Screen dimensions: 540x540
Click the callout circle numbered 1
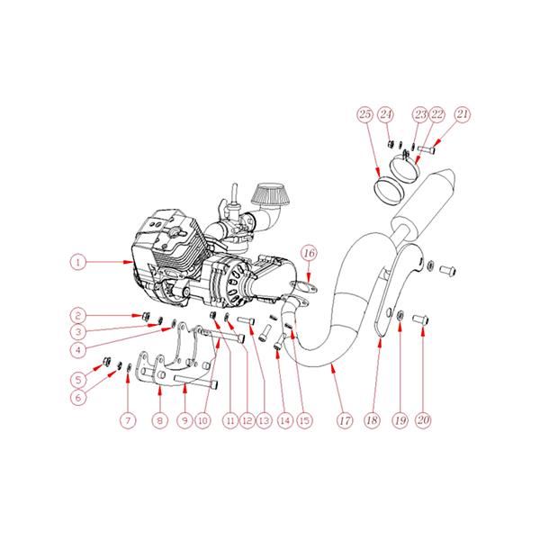click(78, 263)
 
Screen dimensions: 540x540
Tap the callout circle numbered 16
click(310, 253)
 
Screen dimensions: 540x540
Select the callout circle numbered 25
click(365, 114)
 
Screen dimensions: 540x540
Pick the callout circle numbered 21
click(463, 114)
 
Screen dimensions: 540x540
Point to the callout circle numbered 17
click(345, 420)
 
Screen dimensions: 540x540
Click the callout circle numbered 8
click(160, 420)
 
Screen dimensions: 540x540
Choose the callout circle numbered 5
click(78, 380)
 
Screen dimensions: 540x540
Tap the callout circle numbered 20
click(423, 420)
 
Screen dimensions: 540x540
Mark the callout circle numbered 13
click(264, 420)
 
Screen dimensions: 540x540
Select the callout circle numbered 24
click(386, 114)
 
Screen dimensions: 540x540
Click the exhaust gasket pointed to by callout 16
click(302, 286)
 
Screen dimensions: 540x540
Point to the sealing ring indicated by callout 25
click(388, 190)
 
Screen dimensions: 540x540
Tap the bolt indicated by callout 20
click(420, 319)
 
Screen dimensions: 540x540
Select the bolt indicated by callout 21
click(427, 149)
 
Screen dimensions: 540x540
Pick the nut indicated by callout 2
click(146, 315)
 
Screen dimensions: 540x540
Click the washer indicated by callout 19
click(400, 315)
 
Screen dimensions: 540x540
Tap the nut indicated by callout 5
click(107, 361)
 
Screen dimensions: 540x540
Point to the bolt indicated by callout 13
click(246, 320)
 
